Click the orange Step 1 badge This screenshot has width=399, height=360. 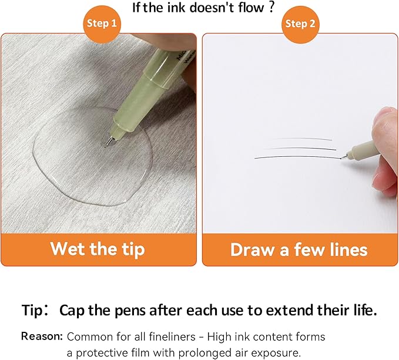(x=102, y=24)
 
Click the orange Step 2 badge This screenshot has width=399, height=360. (x=300, y=24)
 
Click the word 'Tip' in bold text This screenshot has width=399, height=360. (x=32, y=311)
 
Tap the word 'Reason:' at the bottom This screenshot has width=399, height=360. (x=42, y=336)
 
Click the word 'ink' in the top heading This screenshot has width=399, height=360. (x=176, y=8)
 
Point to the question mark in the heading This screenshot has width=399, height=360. (x=271, y=7)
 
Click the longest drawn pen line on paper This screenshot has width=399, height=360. (x=298, y=157)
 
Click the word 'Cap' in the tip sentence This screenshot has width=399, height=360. (x=72, y=311)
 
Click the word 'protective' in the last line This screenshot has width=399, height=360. (x=102, y=353)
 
